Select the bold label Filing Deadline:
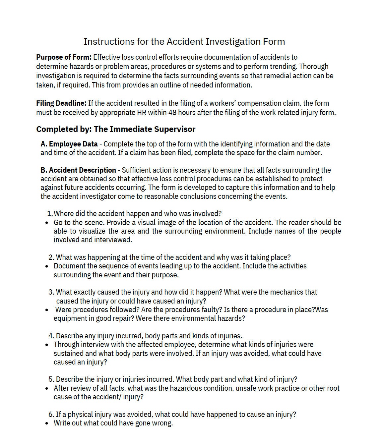pos(61,103)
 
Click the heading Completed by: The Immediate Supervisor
pos(116,129)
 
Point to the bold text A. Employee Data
pos(69,144)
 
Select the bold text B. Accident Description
pos(78,170)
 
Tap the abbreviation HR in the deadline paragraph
pos(141,112)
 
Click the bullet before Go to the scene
pos(47,223)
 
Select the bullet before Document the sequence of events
pos(47,266)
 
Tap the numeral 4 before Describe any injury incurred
pos(51,336)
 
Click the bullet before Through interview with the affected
pos(47,345)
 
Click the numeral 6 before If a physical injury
pos(51,414)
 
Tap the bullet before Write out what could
pos(47,423)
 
